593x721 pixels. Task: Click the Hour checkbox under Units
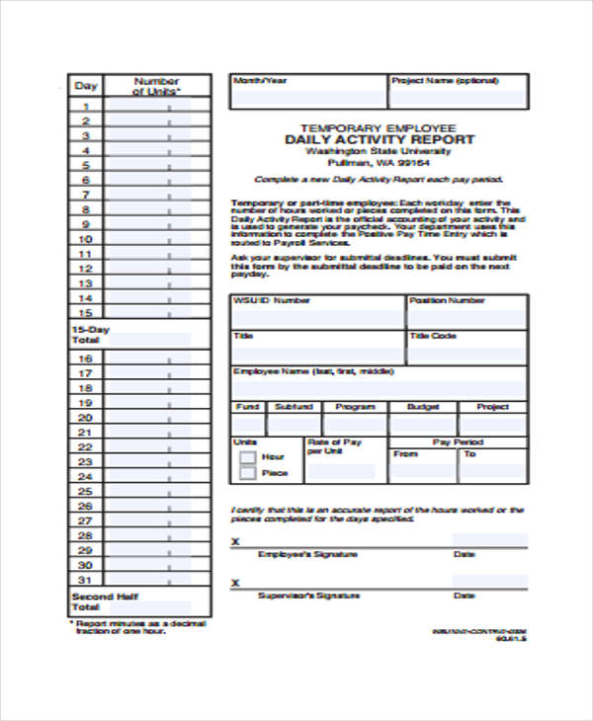coord(247,457)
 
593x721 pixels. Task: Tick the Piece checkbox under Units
coord(247,473)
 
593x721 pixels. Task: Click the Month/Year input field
coord(307,98)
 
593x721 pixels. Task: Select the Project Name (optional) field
coord(458,98)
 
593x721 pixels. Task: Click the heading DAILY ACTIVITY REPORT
coord(380,140)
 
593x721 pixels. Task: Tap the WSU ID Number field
coord(317,319)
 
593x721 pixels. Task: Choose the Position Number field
coord(466,319)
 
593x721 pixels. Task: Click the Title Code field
coord(466,354)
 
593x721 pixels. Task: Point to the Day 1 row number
coord(86,107)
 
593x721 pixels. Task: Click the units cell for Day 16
coord(156,359)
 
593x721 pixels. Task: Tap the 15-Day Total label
coord(86,333)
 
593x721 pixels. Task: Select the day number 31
coord(86,579)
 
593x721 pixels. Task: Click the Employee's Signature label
coord(294,555)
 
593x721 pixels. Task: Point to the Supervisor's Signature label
coord(296,596)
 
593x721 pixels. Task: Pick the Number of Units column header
coord(156,86)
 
